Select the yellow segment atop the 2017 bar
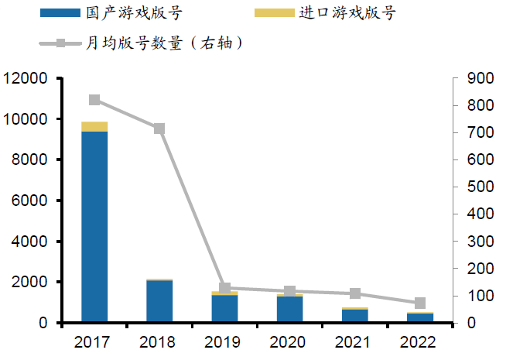(94, 126)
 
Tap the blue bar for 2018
(159, 301)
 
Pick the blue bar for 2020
(290, 309)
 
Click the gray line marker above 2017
(94, 100)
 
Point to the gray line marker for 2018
(159, 129)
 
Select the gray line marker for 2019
(225, 288)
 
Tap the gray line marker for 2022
(420, 303)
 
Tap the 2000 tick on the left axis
(29, 283)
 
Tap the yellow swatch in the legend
(274, 13)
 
